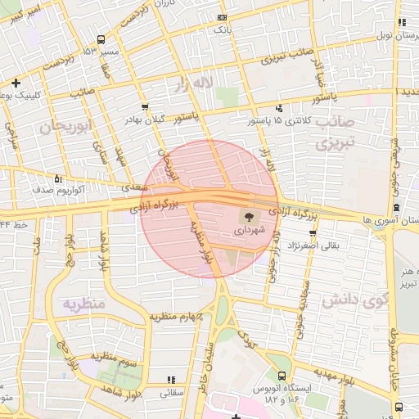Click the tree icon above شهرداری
pos(246,217)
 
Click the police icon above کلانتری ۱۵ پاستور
pos(280,108)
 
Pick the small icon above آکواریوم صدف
pos(57,178)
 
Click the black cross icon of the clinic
pos(16,83)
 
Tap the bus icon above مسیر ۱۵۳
pos(101,39)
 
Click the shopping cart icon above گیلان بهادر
pos(145,106)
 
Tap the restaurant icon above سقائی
pos(171,380)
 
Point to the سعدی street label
pos(133,187)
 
